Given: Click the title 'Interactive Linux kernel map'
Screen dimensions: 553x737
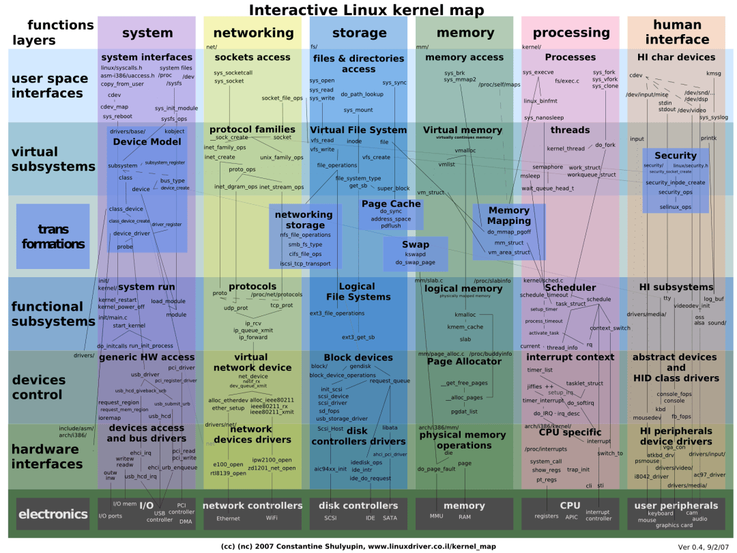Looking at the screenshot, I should [366, 10].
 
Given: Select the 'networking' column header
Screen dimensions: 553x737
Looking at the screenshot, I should [253, 33].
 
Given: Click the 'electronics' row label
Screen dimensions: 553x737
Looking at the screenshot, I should [53, 514].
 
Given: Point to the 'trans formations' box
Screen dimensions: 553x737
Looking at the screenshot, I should [53, 236].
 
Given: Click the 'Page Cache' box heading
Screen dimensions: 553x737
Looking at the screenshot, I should [391, 203].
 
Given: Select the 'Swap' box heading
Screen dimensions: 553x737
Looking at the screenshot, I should [415, 244].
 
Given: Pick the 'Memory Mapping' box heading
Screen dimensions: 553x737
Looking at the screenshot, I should [509, 216].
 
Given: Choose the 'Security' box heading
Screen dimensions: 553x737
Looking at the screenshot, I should [675, 156].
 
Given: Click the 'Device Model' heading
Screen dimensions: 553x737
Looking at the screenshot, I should [147, 141].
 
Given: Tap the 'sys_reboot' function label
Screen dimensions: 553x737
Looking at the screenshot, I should [117, 116].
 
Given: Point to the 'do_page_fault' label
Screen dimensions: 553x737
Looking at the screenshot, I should [436, 469].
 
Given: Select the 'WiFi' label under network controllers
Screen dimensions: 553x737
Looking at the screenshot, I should [272, 518].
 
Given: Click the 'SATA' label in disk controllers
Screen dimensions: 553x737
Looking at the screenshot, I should [390, 518].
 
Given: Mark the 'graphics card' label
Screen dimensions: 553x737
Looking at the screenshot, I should [674, 525].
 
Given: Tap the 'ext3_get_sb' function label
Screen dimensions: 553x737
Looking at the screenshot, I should [358, 337].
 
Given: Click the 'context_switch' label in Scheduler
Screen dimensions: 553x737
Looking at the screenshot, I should [609, 328].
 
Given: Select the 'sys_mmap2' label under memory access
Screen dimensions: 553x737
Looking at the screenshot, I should [460, 80].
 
